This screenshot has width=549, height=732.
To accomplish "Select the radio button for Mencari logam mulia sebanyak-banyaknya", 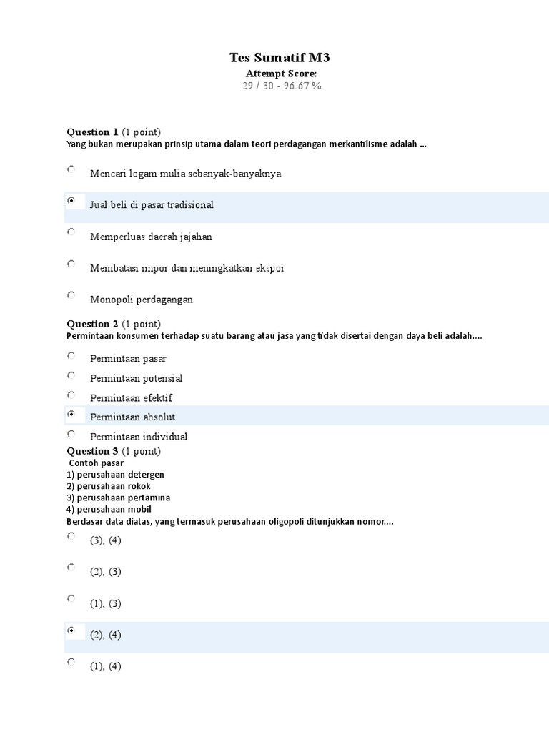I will coord(71,169).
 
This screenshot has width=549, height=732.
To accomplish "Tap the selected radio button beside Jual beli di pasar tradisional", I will coord(71,201).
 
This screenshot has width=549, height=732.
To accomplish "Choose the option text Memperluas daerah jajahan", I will coord(151,237).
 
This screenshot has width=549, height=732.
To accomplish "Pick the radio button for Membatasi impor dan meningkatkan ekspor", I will coord(71,264).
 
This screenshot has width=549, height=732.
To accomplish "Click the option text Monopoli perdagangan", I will coord(142,300).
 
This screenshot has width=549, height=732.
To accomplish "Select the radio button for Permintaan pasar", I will coord(71,355).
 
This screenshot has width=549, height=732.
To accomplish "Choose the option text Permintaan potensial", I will coord(136,378).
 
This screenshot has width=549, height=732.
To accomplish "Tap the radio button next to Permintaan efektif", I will coord(71,395).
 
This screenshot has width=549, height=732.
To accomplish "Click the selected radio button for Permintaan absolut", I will coord(71,414).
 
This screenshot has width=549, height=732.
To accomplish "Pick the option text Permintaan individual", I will coord(139,437).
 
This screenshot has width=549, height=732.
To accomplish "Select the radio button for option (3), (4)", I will coord(71,536).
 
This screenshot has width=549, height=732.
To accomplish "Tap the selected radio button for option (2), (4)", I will coord(71,630).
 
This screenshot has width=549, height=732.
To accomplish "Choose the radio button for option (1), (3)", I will coord(71,599).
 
